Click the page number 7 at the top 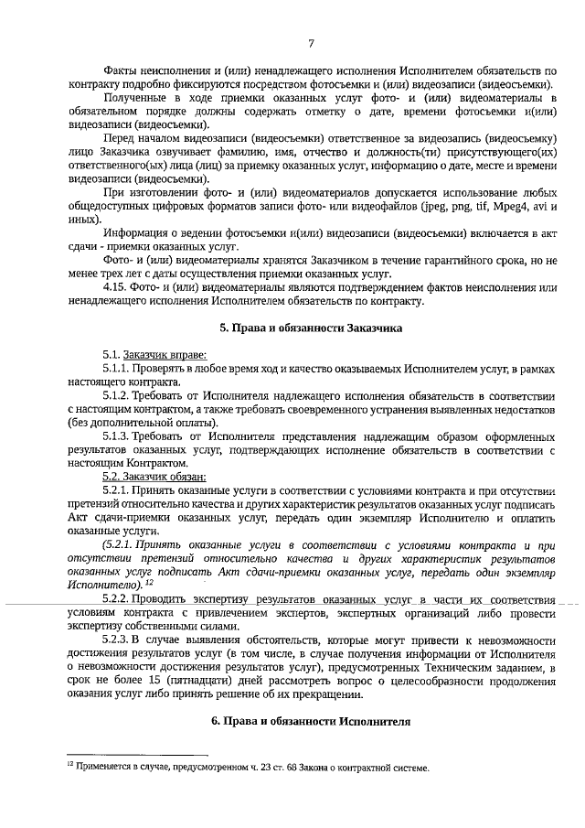311,43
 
